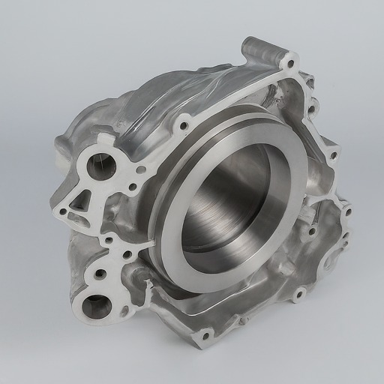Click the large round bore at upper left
[x=100, y=165]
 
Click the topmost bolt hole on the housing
[x=292, y=59]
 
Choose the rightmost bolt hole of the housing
[x=346, y=211]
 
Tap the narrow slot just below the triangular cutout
[x=75, y=218]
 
